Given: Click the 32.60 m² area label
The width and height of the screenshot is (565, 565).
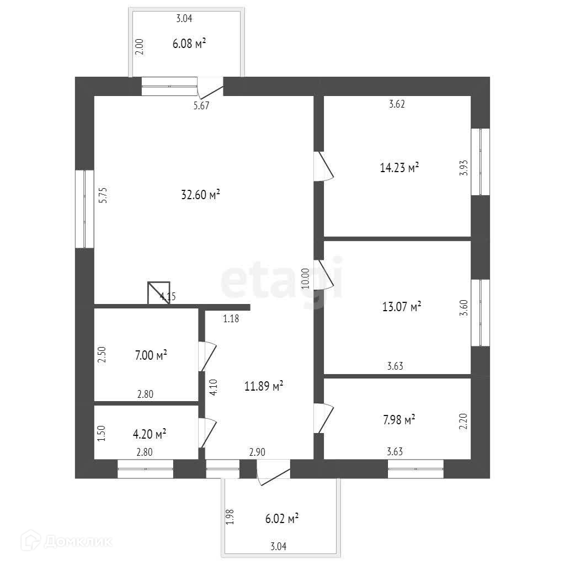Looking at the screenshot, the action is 200,195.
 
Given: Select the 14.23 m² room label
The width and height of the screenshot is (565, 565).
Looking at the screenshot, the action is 399,168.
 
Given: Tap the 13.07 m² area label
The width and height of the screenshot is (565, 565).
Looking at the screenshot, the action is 402,307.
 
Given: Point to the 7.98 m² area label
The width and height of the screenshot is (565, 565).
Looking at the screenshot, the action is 399,420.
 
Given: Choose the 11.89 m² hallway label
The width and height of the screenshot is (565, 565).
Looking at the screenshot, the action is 264,386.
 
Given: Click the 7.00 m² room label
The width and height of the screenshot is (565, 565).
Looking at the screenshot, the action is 151,355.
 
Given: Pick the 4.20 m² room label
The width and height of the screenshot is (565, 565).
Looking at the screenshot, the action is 150,434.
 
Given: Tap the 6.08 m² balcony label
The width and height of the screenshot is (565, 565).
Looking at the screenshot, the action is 189,44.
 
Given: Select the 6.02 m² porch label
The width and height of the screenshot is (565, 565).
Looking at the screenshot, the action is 282,519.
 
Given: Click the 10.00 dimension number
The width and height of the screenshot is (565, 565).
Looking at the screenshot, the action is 306,279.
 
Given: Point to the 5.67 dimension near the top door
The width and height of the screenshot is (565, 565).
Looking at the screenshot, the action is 201,106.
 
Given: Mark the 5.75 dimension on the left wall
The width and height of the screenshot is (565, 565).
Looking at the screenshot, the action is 103,195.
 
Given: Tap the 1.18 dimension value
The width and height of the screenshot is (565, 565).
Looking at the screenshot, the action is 231,318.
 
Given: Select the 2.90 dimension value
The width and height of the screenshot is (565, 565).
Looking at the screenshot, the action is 257,452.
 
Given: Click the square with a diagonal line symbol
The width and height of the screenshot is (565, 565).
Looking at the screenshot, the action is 159,292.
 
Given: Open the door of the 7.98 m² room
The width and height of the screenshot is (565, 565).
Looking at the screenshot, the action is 323,418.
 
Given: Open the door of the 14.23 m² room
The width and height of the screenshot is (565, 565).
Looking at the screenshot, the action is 323,167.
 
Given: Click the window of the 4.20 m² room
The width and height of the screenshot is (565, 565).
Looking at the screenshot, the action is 146,469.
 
